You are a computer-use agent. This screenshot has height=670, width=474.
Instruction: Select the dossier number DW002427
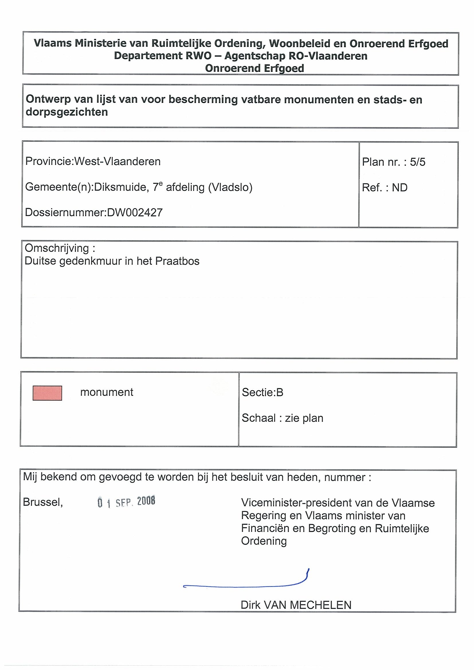[x=135, y=212]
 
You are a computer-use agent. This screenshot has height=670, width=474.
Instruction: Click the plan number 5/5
[x=417, y=162]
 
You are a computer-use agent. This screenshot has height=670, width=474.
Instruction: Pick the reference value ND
[x=399, y=188]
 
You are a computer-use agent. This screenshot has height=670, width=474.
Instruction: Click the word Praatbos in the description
[x=177, y=261]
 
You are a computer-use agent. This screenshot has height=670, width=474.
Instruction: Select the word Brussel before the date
[x=43, y=502]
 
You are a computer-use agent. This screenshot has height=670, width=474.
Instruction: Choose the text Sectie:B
[x=263, y=393]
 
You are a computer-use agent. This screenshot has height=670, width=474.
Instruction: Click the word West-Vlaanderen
[x=117, y=161]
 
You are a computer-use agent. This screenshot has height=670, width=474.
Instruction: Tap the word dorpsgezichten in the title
[x=67, y=112]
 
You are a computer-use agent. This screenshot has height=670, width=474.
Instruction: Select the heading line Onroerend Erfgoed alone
[x=254, y=68]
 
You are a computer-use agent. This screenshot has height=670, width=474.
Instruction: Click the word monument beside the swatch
[x=107, y=392]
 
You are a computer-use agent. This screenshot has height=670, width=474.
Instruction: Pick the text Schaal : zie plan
[x=282, y=418]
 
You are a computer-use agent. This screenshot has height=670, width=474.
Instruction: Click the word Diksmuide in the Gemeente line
[x=120, y=187]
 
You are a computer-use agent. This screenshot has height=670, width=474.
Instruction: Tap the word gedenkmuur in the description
[x=91, y=261]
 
